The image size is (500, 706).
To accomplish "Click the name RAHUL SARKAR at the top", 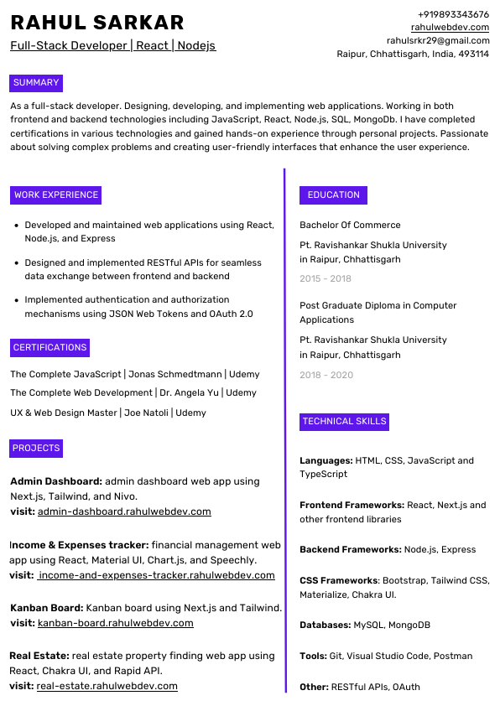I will tap(97, 23).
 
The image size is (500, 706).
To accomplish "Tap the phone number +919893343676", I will tap(453, 14).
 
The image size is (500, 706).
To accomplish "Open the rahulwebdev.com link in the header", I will tap(450, 27).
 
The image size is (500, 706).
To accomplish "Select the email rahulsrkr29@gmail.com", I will tap(438, 40).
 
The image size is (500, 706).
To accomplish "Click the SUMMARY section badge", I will tap(36, 83).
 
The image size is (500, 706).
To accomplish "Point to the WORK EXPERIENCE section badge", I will tap(56, 195).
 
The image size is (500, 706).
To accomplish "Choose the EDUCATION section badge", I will tap(333, 195).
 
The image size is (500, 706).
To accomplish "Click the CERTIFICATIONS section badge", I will tap(49, 348).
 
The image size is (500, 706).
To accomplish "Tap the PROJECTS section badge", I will tap(36, 449).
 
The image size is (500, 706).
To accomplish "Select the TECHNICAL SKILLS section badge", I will tap(344, 422).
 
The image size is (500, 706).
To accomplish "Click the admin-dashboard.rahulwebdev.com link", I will tap(124, 511).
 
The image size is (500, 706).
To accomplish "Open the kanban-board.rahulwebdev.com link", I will tap(116, 623).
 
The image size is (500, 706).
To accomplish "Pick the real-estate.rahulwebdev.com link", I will tap(107, 686).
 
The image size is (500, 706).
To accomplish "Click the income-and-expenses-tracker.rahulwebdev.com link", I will tap(157, 575).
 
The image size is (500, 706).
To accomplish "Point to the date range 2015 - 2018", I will tap(326, 278).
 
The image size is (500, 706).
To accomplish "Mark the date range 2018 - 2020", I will tap(326, 375).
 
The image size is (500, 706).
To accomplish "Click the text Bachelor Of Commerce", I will tap(350, 225).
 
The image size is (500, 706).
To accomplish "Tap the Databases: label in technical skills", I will tap(326, 626).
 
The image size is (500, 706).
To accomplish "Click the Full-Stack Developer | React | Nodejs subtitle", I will tap(113, 45).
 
